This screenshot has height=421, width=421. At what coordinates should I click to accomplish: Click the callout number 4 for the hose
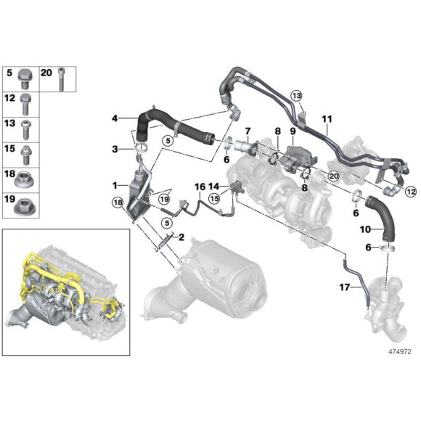click(115, 118)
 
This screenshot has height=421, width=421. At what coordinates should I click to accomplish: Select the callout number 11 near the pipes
click(327, 118)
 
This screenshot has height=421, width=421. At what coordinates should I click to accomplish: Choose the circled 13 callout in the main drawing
click(296, 96)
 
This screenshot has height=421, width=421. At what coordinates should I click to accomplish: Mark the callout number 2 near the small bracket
click(181, 237)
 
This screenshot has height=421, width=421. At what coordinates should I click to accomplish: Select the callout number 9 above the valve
click(293, 131)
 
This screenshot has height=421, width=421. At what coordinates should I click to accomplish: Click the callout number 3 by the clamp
click(115, 149)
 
